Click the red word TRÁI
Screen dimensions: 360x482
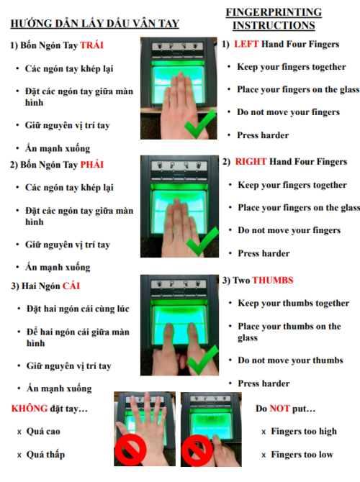[91, 45]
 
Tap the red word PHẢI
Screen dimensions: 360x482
[91, 165]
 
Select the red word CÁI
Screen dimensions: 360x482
[71, 286]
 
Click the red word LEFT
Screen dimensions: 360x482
[246, 44]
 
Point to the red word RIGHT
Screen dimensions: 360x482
[251, 162]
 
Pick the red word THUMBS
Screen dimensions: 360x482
[273, 280]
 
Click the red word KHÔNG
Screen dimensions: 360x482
[30, 408]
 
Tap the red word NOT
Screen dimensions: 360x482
[279, 408]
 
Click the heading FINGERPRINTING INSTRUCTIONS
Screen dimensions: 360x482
[274, 19]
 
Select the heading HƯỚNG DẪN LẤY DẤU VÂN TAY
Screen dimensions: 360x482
[95, 24]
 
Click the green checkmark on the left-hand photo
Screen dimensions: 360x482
[200, 124]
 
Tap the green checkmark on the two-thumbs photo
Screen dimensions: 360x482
[202, 360]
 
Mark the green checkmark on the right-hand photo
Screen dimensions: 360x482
[202, 242]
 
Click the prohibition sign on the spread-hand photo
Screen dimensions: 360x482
[130, 450]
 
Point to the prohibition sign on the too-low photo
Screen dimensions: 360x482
[197, 450]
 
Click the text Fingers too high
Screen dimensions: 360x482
[304, 431]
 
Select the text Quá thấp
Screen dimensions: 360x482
[45, 455]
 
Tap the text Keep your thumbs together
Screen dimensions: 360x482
[294, 303]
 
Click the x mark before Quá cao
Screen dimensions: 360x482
[19, 432]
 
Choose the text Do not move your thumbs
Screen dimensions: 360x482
[290, 360]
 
